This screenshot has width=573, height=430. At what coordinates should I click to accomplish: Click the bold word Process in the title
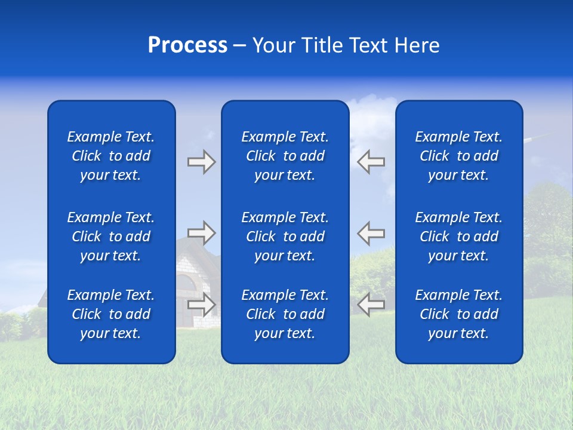[187, 45]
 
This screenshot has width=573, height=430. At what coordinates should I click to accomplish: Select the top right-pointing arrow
[201, 162]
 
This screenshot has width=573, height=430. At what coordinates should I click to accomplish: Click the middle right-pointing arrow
[201, 233]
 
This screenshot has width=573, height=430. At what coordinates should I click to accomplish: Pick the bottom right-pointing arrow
[201, 305]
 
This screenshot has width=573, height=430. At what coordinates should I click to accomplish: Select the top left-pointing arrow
[371, 162]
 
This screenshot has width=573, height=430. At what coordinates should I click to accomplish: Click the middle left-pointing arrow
[371, 233]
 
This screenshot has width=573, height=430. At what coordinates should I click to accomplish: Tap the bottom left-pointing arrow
[371, 305]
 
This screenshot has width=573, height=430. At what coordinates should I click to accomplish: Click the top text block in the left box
[111, 156]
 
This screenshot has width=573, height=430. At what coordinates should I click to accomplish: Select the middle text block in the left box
[111, 236]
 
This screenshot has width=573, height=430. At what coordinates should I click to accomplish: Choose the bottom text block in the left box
[111, 314]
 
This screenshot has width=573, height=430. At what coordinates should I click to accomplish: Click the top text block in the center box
[285, 156]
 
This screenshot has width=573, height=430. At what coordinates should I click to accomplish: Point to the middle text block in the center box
[285, 236]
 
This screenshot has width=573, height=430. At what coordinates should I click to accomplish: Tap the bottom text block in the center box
[285, 314]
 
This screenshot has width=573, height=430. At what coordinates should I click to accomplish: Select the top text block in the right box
[458, 156]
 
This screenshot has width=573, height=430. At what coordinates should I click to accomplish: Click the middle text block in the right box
[458, 236]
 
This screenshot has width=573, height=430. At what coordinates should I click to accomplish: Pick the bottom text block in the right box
[458, 314]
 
